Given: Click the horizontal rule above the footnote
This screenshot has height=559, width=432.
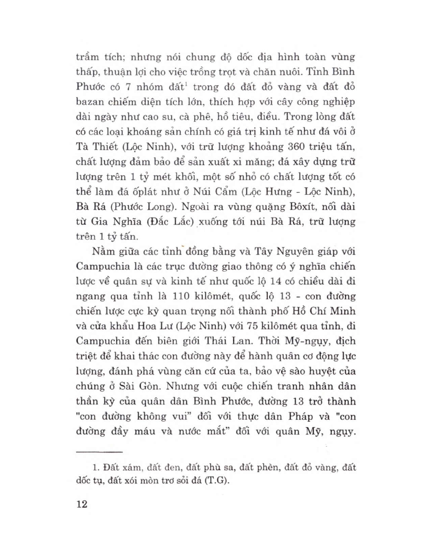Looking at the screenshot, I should tap(100, 451).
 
